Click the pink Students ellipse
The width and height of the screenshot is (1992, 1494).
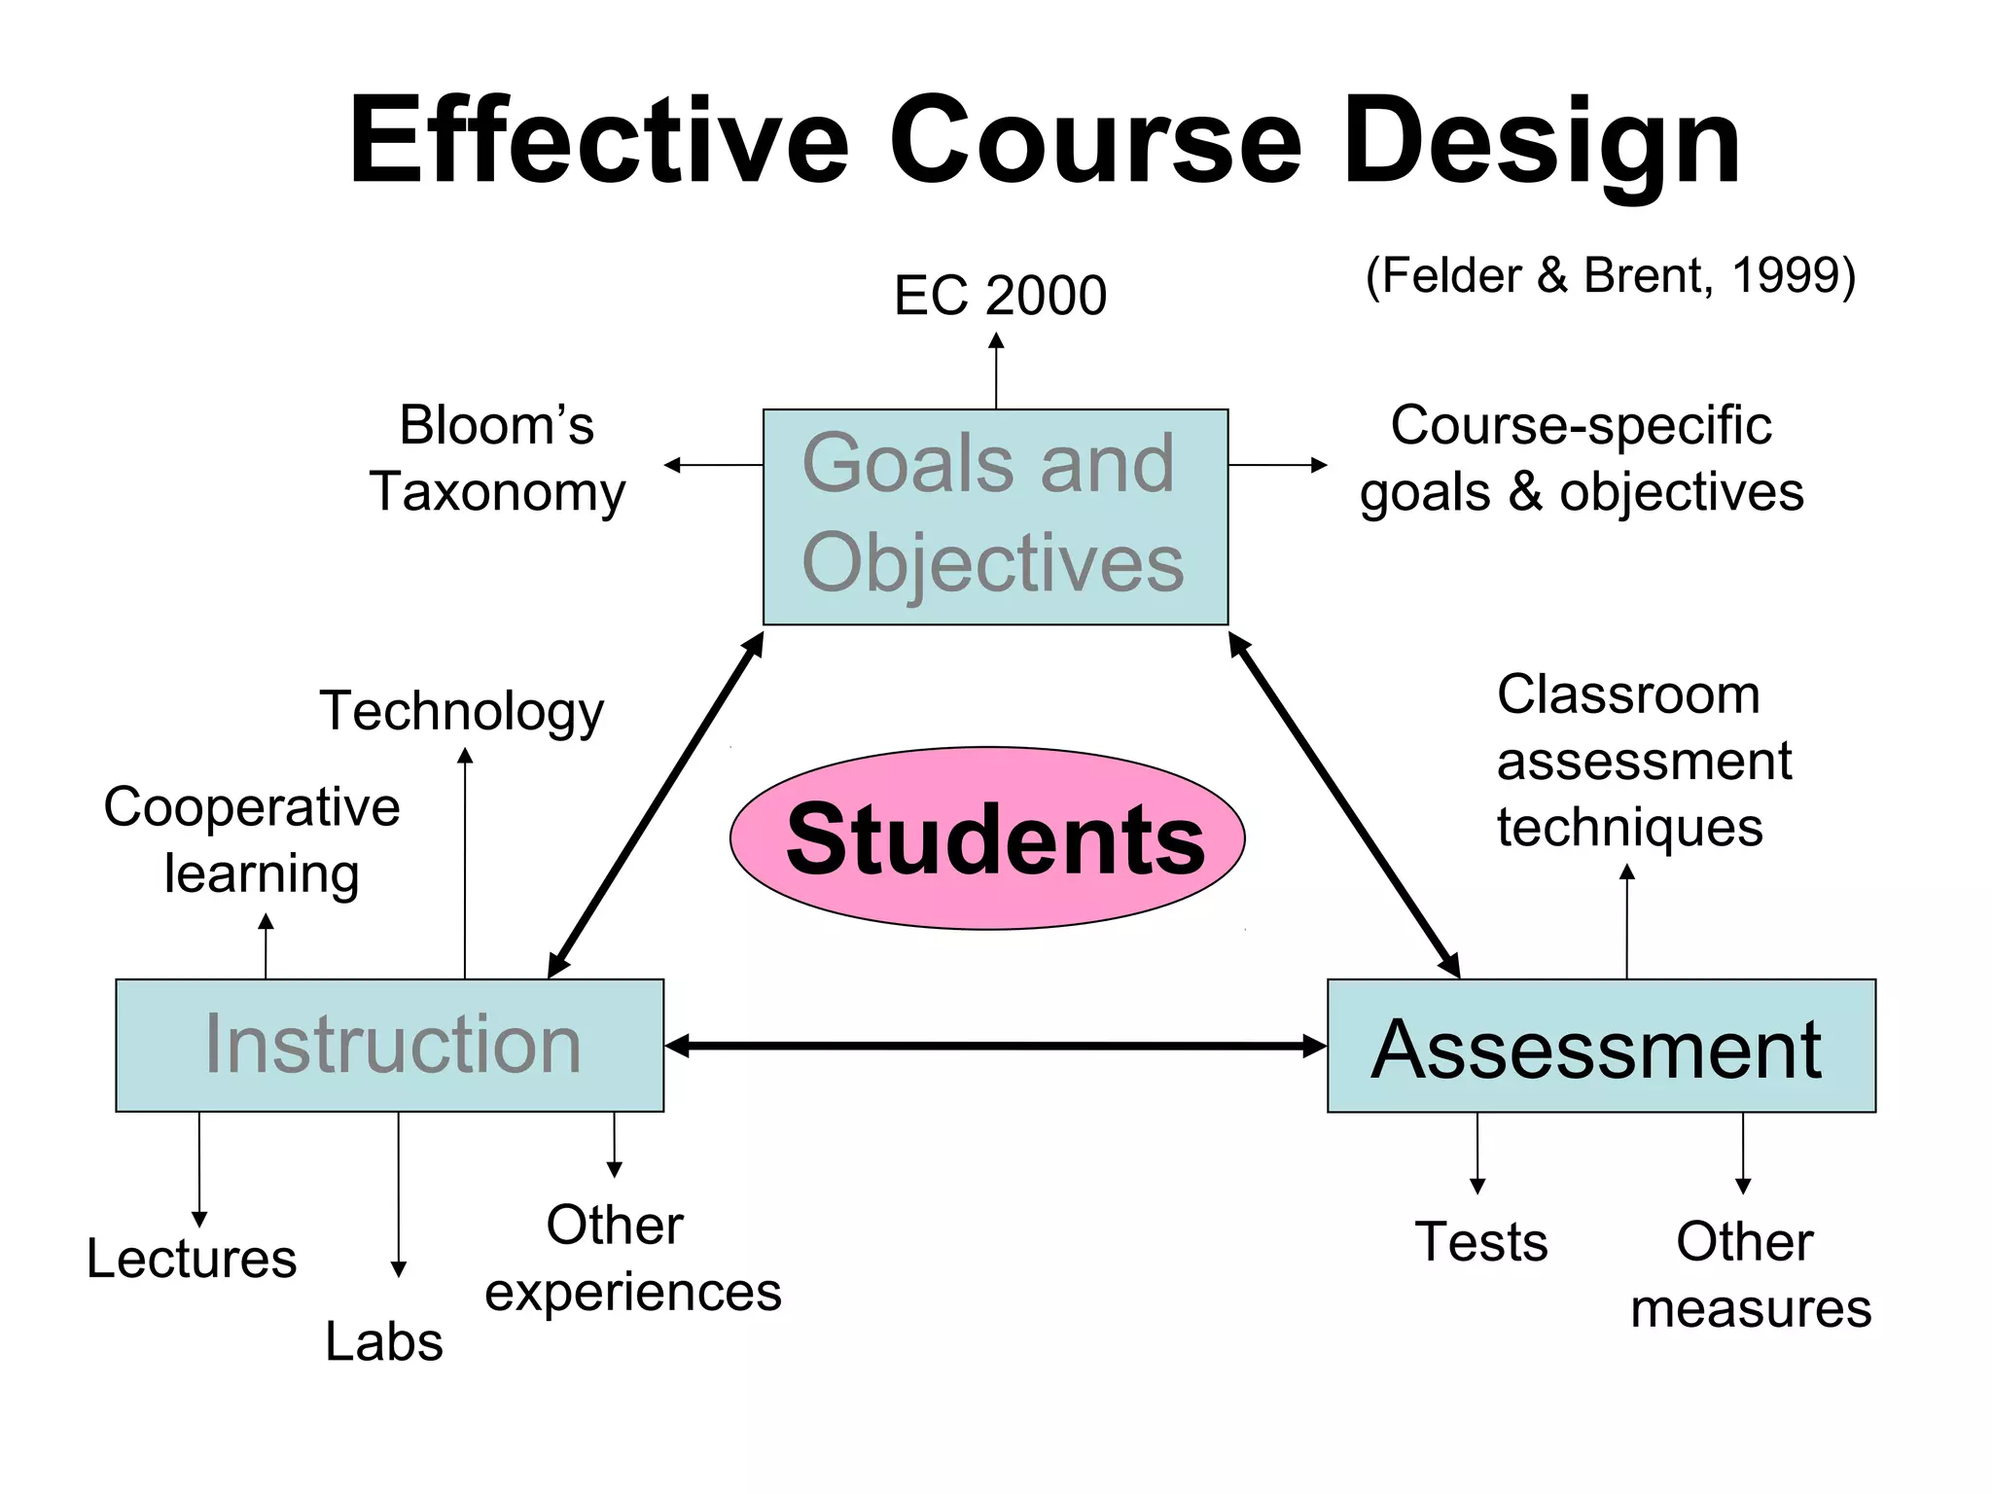click(x=987, y=838)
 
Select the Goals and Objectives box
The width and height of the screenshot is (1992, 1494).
click(x=995, y=516)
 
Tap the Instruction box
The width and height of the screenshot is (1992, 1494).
click(x=389, y=1045)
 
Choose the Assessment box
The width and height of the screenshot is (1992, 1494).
click(x=1601, y=1046)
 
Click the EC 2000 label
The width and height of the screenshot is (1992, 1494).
click(x=1000, y=295)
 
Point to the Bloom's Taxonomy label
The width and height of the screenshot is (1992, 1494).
click(x=497, y=458)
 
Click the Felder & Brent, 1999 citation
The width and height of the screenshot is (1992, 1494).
click(x=1611, y=275)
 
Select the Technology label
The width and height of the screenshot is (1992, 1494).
click(x=462, y=710)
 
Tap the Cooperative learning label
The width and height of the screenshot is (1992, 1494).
click(x=253, y=839)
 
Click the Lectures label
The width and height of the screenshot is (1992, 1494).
click(x=192, y=1259)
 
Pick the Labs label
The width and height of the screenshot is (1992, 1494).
click(x=384, y=1342)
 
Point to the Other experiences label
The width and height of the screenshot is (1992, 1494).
click(x=632, y=1259)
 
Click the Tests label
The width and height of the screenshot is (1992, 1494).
click(x=1480, y=1242)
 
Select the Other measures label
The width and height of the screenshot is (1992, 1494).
click(x=1750, y=1274)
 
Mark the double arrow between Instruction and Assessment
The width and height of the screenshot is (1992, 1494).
click(x=995, y=1046)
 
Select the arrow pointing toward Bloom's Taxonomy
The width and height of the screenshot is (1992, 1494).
click(x=713, y=465)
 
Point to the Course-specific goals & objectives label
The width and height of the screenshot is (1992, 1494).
click(x=1582, y=458)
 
